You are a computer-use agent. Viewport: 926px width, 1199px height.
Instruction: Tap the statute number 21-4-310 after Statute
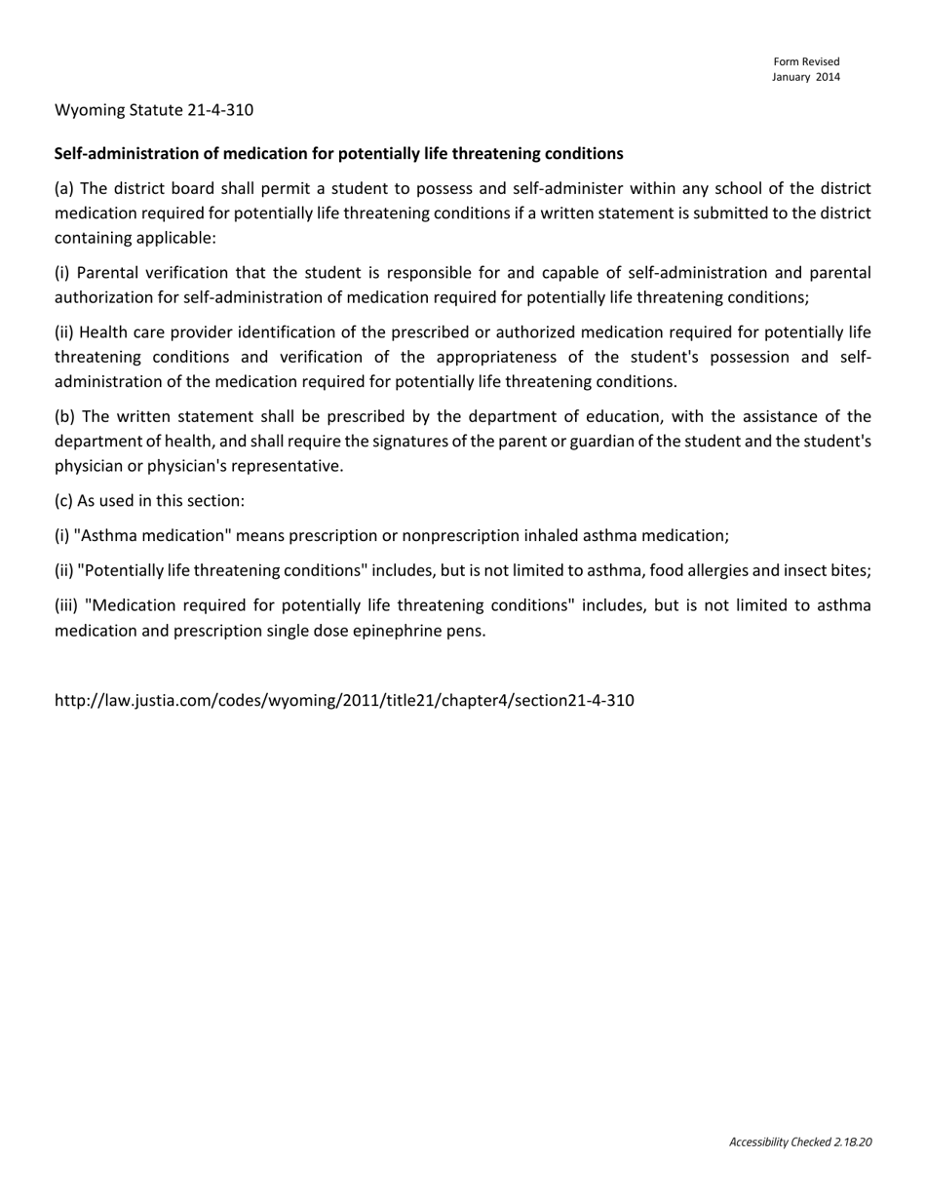219,109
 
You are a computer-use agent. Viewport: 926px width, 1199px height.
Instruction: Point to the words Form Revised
806,61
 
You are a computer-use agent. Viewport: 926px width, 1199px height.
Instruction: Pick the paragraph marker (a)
63,188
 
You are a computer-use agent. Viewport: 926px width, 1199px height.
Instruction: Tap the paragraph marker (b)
64,416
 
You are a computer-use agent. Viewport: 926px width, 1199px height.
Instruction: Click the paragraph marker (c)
63,500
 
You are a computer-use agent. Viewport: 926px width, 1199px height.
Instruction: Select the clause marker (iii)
66,605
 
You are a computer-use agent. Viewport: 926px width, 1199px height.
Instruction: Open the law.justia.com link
344,700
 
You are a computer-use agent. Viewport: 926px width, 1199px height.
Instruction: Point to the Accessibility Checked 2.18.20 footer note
799,1141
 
